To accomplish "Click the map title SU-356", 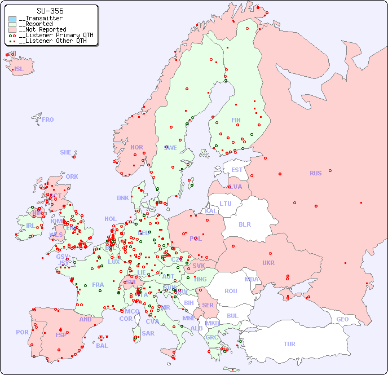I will [x=50, y=11].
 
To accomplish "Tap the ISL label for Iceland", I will [x=19, y=69].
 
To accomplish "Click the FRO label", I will [x=48, y=120].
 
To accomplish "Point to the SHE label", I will [x=66, y=152].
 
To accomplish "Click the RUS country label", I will [x=315, y=173].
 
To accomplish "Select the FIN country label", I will [x=236, y=120].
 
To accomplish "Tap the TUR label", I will [x=289, y=344].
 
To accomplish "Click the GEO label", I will [x=342, y=319].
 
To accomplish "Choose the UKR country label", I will [x=268, y=263].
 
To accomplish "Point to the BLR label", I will [x=245, y=224].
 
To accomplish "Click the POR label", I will [x=22, y=332].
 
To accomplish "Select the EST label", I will [x=237, y=170].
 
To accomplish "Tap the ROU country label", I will [x=231, y=291].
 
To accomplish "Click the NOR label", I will [x=136, y=147].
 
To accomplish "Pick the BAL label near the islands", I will [x=102, y=346].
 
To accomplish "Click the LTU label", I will [x=226, y=204].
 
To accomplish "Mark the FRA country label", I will [x=98, y=285].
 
